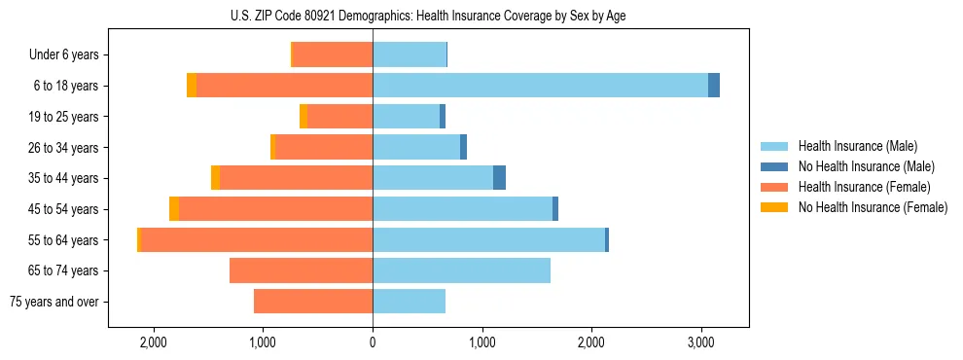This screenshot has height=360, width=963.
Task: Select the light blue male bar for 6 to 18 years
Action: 540,86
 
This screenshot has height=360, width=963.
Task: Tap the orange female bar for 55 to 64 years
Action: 257,239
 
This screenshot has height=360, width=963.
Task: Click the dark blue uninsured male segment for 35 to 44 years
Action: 499,178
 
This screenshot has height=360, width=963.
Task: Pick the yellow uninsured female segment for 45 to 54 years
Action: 174,209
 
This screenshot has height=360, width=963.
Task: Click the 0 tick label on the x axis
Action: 373,342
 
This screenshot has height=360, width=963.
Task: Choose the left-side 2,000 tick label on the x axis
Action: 154,342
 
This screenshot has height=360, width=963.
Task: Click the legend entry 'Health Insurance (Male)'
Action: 857,146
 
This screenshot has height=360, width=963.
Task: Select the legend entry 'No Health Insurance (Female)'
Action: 873,207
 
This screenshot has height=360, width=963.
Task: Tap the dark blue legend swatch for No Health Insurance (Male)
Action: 774,166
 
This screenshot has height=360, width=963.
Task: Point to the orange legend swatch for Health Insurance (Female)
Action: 774,187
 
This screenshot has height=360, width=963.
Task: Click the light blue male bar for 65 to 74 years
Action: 461,270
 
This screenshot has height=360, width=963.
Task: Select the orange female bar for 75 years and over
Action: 313,302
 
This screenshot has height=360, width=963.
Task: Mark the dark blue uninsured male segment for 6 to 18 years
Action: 714,86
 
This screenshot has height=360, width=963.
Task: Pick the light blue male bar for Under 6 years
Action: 410,54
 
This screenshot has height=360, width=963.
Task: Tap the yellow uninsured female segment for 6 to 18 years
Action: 192,86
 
